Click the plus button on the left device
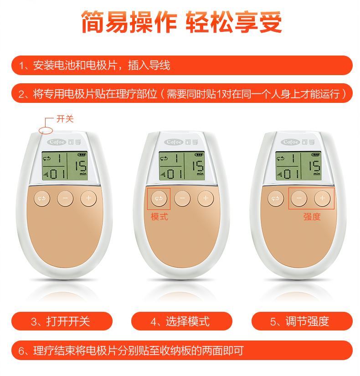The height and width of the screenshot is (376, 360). [x=88, y=198]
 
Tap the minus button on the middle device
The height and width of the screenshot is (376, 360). [x=182, y=198]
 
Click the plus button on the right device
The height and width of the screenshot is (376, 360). [x=322, y=198]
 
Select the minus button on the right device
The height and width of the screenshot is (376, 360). [x=299, y=198]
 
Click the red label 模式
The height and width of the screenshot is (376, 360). [x=159, y=217]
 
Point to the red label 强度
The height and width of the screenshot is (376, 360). [x=312, y=217]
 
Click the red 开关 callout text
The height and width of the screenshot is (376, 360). [x=65, y=119]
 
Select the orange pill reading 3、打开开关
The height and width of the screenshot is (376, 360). [x=62, y=321]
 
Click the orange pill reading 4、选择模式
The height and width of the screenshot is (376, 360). [x=182, y=321]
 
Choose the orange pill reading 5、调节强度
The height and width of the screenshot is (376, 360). [x=302, y=321]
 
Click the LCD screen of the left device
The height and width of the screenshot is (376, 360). [x=65, y=166]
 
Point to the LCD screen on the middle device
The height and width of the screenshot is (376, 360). [x=182, y=166]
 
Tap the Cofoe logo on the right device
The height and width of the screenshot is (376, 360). [x=290, y=142]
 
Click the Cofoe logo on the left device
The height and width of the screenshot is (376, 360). [x=57, y=142]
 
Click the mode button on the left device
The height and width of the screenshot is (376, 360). [x=42, y=198]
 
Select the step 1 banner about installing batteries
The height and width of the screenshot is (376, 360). [x=182, y=65]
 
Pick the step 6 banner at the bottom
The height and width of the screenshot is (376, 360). [x=182, y=351]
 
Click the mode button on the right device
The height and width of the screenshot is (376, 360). [x=276, y=198]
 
